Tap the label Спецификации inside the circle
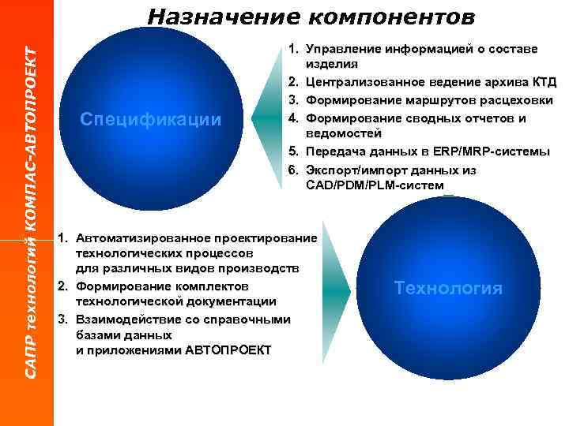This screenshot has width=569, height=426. point(151,119)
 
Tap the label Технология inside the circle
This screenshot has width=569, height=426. point(448,288)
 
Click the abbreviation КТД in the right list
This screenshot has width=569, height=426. point(544,82)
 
